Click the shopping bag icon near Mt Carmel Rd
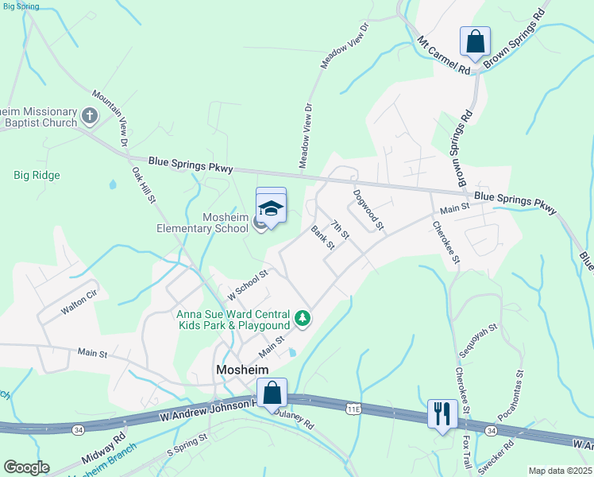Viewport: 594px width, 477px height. click(475, 41)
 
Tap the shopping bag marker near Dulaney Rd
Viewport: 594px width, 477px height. click(272, 392)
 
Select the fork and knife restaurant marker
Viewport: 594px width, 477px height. click(441, 413)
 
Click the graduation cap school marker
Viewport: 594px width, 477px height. click(271, 208)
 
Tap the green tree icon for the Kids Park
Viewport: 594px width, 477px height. click(302, 319)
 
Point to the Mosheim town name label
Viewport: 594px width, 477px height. click(242, 370)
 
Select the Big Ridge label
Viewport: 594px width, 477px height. click(37, 175)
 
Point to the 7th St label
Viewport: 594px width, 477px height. click(340, 230)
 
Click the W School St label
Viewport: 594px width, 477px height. click(249, 283)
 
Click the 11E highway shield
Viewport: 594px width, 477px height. click(353, 408)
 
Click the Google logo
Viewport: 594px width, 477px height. click(26, 467)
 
